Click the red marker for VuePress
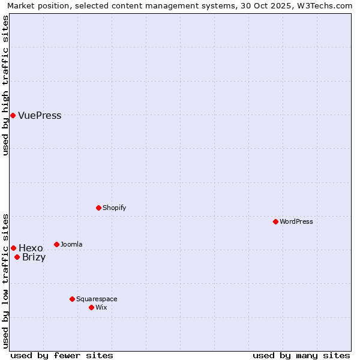13,115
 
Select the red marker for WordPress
275,221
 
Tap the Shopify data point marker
98,208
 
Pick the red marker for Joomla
56,244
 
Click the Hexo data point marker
13,248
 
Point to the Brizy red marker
17,257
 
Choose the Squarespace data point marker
72,299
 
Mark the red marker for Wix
91,307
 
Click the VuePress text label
40,116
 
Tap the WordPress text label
296,221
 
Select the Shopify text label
115,208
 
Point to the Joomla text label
72,244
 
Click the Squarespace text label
97,299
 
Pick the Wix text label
101,307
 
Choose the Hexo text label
31,248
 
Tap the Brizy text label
34,257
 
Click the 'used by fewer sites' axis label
62,355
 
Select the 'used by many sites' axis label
301,355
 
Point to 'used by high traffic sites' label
6,85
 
